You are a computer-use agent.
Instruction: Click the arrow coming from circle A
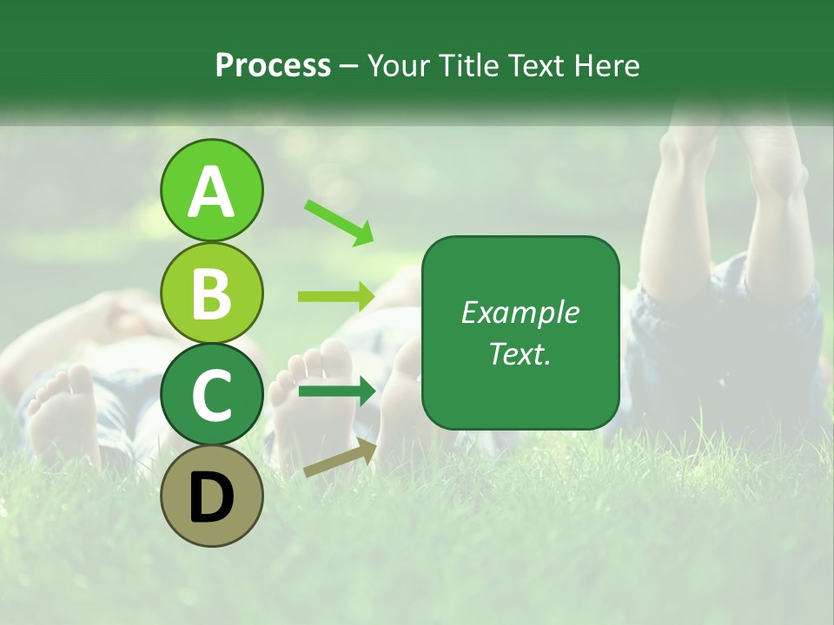pyautogui.click(x=339, y=222)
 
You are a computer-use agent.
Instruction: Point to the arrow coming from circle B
pyautogui.click(x=336, y=297)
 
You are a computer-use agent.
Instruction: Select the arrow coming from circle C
pyautogui.click(x=336, y=391)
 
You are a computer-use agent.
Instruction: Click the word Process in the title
pyautogui.click(x=273, y=65)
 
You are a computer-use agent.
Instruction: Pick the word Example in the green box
pyautogui.click(x=520, y=312)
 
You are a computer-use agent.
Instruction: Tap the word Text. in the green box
pyautogui.click(x=520, y=353)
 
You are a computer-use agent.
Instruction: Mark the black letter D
pyautogui.click(x=211, y=497)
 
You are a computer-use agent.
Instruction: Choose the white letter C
pyautogui.click(x=211, y=395)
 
